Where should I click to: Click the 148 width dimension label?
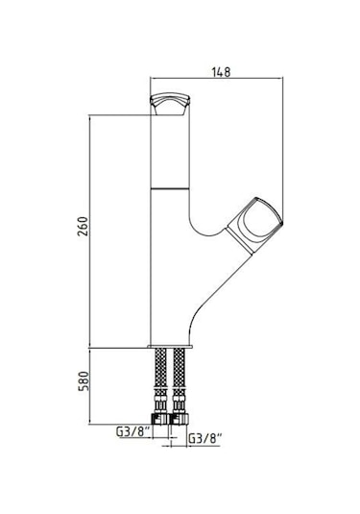click(221, 72)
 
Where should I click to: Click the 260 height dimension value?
click(84, 226)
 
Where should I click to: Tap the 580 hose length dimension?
click(84, 380)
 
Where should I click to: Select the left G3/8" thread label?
click(133, 431)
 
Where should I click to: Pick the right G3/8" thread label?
click(205, 438)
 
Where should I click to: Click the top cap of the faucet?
click(170, 104)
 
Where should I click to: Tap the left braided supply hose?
click(160, 380)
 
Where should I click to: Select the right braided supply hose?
click(179, 380)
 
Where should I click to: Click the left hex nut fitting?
click(160, 419)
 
